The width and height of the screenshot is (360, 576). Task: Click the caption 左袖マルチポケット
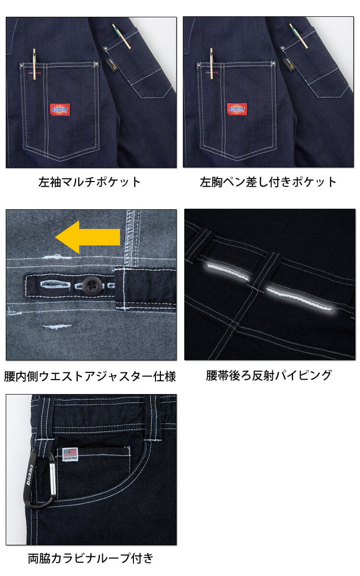tap(90, 182)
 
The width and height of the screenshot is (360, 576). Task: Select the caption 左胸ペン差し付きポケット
tap(268, 182)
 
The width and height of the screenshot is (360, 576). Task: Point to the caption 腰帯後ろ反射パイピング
tap(269, 375)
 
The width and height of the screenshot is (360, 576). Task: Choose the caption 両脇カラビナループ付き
tap(91, 558)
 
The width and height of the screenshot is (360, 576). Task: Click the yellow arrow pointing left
tap(87, 236)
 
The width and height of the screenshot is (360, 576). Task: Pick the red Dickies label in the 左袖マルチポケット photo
tap(60, 109)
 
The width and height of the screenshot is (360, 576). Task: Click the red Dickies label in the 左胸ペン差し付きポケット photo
tap(236, 109)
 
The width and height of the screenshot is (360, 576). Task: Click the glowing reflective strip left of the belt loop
tap(228, 272)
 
